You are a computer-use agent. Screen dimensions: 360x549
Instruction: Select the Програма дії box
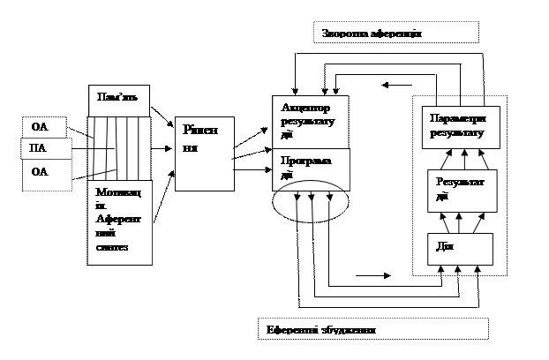tap(310, 167)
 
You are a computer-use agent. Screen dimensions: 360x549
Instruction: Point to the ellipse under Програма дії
tap(310, 205)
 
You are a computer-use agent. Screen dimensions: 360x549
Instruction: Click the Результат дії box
tap(461, 190)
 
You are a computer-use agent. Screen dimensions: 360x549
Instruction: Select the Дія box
tap(460, 248)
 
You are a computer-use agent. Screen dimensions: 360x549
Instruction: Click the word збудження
tap(349, 329)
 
